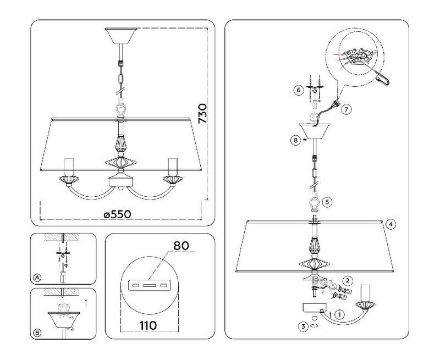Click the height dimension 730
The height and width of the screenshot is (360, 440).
coord(202,113)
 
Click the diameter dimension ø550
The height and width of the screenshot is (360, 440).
coord(117,214)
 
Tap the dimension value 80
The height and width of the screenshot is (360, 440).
coord(181,246)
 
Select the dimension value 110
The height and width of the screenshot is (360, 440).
coord(148,325)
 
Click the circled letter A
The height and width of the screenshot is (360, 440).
coord(37,278)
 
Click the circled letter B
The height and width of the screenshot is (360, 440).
coord(37,333)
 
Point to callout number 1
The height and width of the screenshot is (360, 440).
coord(340,314)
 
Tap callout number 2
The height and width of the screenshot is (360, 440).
coord(348,280)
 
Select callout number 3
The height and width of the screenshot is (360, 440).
coord(303,326)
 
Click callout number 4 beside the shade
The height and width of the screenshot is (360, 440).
coord(391,224)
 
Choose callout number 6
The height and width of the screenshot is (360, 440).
coord(298,90)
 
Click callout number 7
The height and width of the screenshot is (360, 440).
coord(346,109)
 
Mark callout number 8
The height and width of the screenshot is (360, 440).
coord(295,140)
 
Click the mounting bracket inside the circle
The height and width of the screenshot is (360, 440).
coord(148,285)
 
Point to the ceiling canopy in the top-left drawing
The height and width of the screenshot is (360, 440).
coord(120,35)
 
